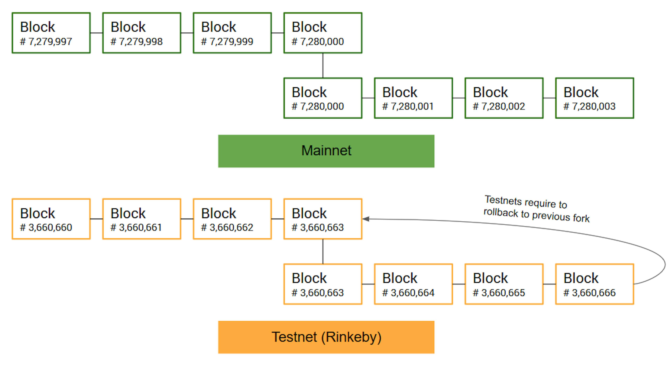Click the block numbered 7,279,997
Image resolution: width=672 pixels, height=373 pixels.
click(x=51, y=33)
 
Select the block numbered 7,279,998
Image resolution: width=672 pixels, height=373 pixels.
click(x=142, y=33)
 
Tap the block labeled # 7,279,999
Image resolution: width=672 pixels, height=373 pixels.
click(x=232, y=33)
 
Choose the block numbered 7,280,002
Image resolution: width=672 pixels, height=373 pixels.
click(x=504, y=98)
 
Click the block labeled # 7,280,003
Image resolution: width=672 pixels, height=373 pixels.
click(x=594, y=98)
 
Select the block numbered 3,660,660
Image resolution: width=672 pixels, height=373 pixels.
click(x=51, y=219)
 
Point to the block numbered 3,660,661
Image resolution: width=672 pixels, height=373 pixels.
click(x=142, y=219)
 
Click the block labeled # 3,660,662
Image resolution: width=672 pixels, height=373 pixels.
click(x=232, y=219)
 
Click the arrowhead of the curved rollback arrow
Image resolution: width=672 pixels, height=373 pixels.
click(x=366, y=219)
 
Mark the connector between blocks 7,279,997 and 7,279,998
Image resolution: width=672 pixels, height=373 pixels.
click(x=97, y=33)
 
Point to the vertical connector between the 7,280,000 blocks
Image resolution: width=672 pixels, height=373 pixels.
click(x=323, y=65)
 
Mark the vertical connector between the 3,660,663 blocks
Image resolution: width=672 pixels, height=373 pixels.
click(x=323, y=251)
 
